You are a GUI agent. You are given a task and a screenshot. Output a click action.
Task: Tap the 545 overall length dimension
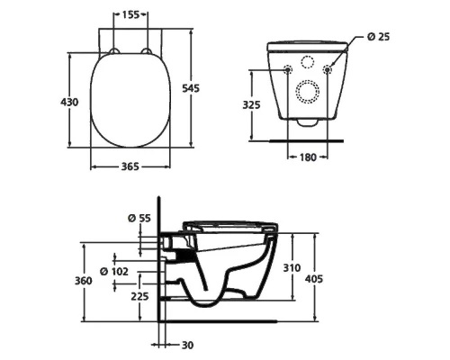point(190,87)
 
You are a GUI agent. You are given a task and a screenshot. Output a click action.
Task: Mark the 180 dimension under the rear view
point(308,156)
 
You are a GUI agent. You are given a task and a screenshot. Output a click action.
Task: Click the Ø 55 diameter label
point(137,217)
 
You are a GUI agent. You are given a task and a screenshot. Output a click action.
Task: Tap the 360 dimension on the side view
point(83,281)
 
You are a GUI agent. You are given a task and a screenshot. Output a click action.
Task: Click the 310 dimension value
point(289,268)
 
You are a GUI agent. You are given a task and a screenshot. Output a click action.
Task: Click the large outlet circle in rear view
point(308,93)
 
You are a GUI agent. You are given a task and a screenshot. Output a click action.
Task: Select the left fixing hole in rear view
point(287,70)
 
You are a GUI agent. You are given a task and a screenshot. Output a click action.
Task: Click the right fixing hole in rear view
point(328,70)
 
